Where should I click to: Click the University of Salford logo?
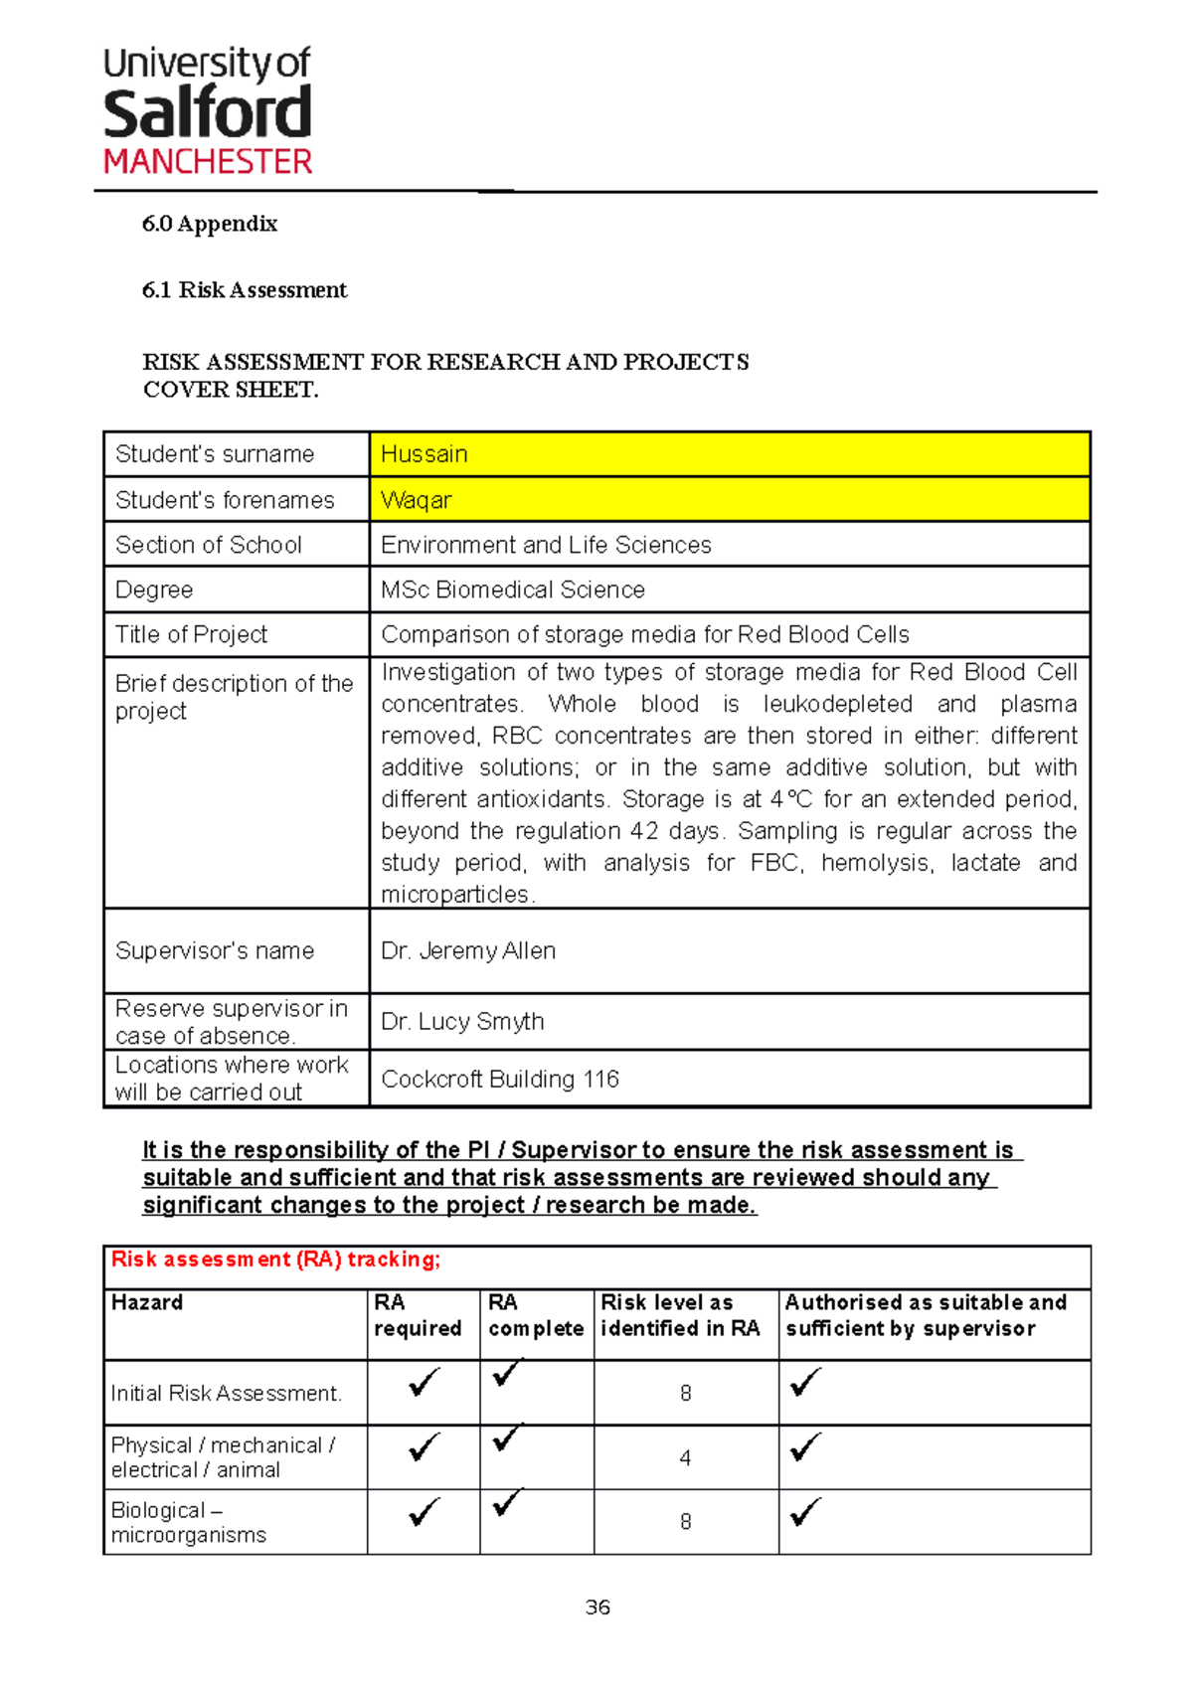click(208, 111)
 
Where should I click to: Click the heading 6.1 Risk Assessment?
click(245, 290)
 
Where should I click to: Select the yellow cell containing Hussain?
click(729, 454)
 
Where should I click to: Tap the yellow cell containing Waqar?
click(729, 500)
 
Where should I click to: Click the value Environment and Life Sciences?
click(546, 545)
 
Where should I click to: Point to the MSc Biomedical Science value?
click(513, 590)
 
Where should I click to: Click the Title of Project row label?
click(191, 634)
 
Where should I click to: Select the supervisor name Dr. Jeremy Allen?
click(468, 950)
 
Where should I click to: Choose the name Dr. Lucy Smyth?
click(462, 1021)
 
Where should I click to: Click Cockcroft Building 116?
click(500, 1079)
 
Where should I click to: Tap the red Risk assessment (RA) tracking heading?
click(275, 1260)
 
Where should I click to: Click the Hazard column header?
click(147, 1302)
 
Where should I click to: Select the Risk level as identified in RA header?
click(680, 1315)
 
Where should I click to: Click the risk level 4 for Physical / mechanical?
click(685, 1458)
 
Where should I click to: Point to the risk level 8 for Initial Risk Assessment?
click(685, 1394)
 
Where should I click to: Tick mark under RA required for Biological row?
click(424, 1512)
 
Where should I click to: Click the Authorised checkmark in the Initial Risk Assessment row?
click(804, 1383)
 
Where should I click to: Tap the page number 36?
click(597, 1607)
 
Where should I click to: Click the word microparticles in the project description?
click(456, 895)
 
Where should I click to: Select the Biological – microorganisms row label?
click(188, 1522)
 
